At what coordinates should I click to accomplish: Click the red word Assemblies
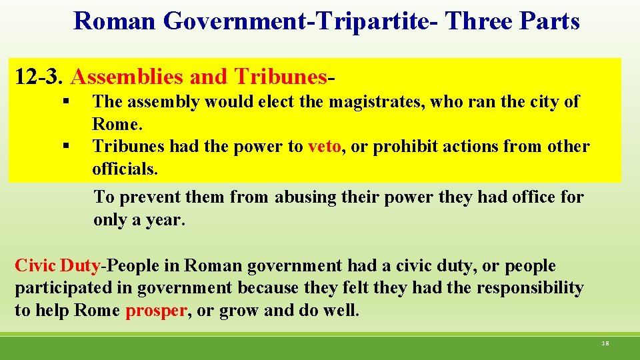point(127,77)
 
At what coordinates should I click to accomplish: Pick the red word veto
point(325,147)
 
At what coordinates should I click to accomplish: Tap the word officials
point(125,169)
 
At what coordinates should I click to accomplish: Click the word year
point(165,220)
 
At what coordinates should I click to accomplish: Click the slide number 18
point(605,343)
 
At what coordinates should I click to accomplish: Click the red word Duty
point(80,266)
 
